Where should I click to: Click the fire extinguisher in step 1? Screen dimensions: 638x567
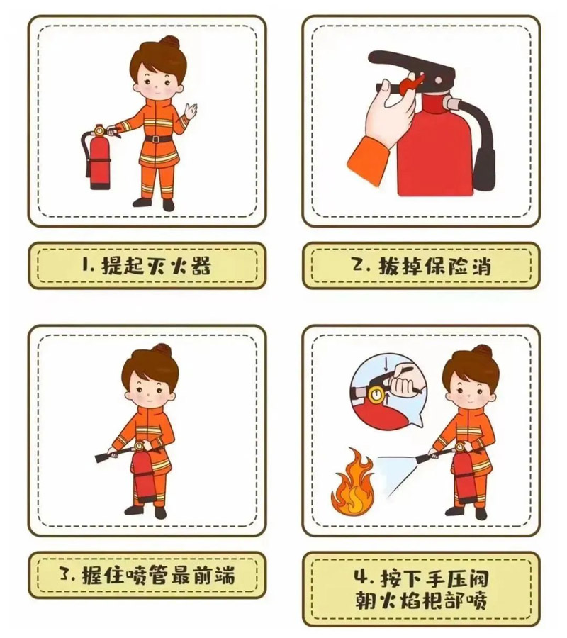(98, 159)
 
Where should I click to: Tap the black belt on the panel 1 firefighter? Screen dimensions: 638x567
(159, 138)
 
